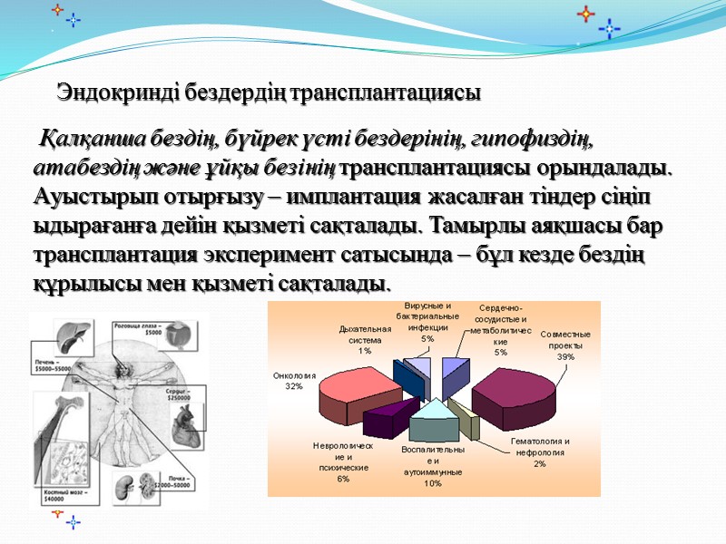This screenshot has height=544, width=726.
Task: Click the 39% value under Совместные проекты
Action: click(x=565, y=356)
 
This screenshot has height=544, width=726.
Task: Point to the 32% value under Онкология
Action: click(x=293, y=385)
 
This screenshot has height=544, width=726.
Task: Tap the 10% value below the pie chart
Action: click(x=433, y=483)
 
